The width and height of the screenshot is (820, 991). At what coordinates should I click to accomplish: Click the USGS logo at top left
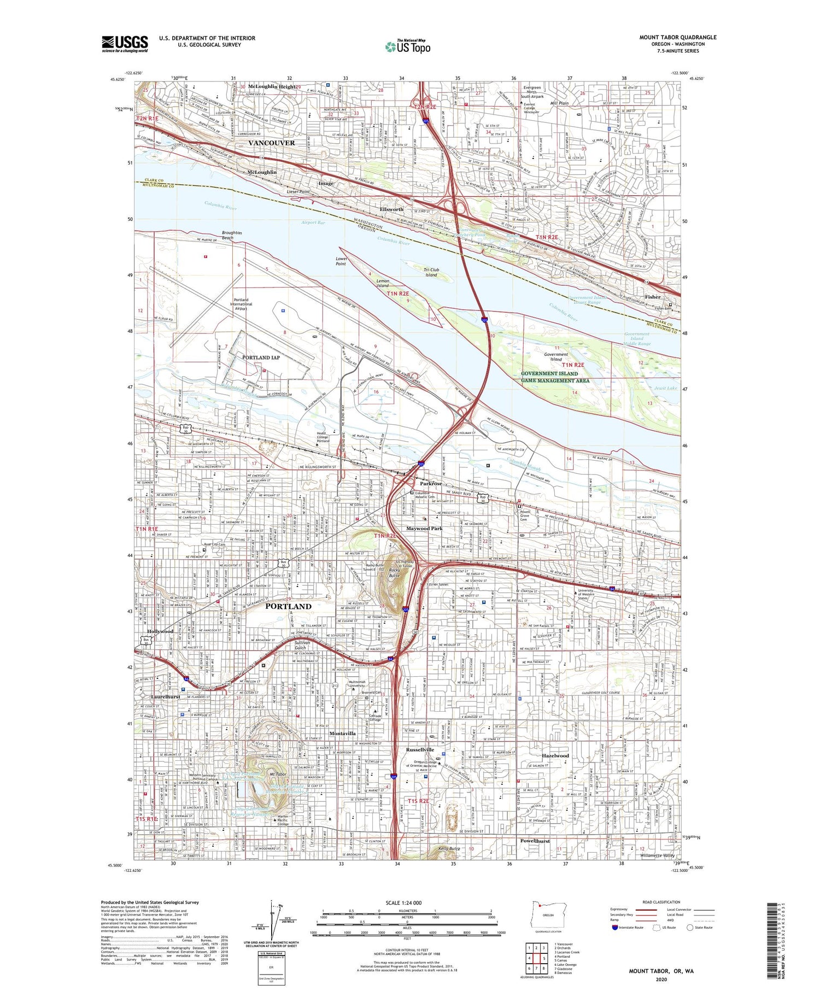125,44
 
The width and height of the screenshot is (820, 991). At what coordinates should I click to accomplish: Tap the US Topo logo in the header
407,46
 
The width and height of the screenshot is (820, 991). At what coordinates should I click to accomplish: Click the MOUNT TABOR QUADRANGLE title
677,37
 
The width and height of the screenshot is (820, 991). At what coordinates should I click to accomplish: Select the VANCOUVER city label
271,143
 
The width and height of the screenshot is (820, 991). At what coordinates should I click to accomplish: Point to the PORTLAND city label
288,606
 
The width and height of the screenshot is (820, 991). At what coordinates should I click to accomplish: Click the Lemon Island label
383,283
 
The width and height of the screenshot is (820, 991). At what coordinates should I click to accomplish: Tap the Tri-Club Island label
431,272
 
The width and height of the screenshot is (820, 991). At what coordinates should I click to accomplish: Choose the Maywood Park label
424,529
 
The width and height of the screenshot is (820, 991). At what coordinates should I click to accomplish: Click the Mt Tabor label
278,775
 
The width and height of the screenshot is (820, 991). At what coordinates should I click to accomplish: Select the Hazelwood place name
555,755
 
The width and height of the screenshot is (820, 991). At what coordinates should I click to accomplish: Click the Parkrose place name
431,484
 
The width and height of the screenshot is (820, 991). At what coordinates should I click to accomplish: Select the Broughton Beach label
232,235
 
